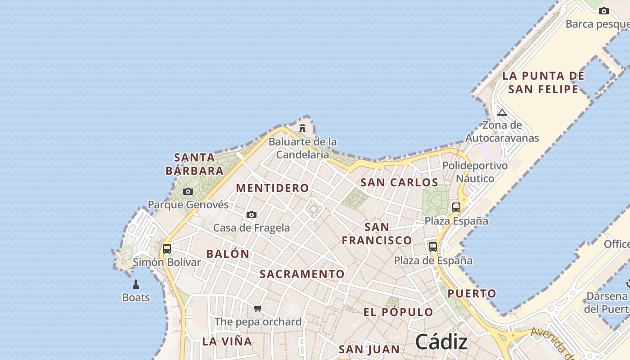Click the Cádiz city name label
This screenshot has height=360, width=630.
[x=441, y=342]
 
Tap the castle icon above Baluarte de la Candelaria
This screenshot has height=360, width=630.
[x=302, y=128]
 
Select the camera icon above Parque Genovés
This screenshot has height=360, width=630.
[x=188, y=192]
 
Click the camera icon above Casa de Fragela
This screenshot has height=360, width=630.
[x=252, y=215]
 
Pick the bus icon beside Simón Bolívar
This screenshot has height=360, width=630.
[x=167, y=248]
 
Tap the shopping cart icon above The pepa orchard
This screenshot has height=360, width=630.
[x=257, y=309]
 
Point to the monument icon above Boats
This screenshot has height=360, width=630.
[x=136, y=284]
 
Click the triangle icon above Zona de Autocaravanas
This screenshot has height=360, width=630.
[x=502, y=112]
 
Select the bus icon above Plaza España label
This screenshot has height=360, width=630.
[x=456, y=207]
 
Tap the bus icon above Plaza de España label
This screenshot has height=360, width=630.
[x=433, y=247]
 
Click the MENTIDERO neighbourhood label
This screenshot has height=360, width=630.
[x=273, y=188]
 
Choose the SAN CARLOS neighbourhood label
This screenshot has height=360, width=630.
[x=399, y=182]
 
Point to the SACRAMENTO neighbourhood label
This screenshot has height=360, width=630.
[x=302, y=274]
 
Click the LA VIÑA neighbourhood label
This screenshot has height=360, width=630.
[x=227, y=341]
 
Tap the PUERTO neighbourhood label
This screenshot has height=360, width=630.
[x=472, y=294]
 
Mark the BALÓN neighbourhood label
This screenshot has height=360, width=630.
[x=228, y=254]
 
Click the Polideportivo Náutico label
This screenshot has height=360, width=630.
[x=475, y=172]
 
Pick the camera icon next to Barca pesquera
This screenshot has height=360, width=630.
[x=603, y=11]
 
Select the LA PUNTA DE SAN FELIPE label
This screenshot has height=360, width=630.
[x=543, y=82]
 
